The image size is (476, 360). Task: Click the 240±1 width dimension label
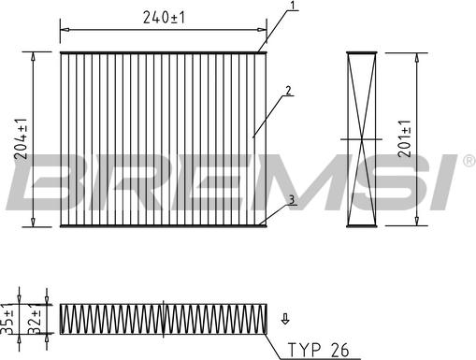coord(164,18)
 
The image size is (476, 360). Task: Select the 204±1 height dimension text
coord(22,139)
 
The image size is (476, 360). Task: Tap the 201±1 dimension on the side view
coord(405,138)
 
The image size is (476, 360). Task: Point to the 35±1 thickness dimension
coord(7,318)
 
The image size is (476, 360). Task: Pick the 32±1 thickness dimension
coord(35,319)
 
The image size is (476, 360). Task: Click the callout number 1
coord(292,5)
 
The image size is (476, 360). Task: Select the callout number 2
coord(288,91)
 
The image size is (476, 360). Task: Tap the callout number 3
coord(292,200)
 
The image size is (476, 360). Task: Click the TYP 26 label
coord(318,350)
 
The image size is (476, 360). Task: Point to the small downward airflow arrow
coord(285,319)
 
